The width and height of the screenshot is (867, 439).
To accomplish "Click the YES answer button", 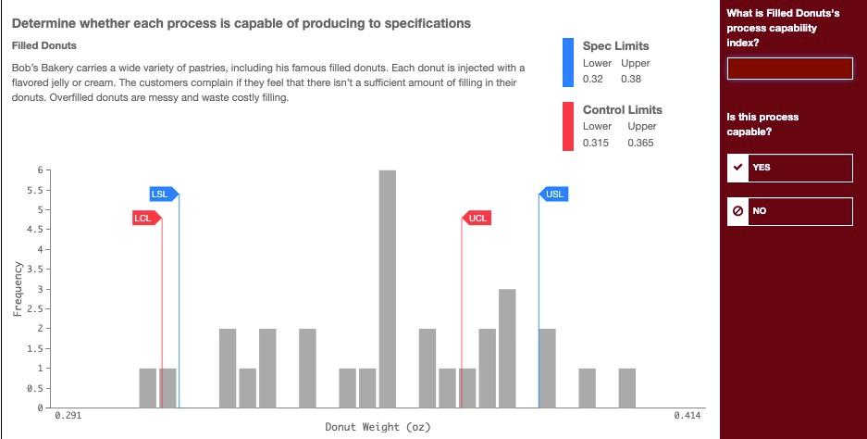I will pos(789,168).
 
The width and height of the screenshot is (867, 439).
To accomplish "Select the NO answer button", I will pos(789,211).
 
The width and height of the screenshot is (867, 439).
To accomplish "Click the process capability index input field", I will pos(789,69).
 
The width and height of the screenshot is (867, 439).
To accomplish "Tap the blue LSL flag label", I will pos(161,194).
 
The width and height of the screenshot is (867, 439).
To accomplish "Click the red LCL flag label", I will pos(143,218).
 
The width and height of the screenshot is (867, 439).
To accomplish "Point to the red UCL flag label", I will pos(477,218).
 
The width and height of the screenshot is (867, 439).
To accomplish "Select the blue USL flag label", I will pos(553,194).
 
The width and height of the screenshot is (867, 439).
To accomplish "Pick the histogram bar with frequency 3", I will pos(507,347).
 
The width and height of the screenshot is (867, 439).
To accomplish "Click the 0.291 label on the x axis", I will pos(68,417).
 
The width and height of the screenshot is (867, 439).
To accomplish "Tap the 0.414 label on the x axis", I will pos(687,417).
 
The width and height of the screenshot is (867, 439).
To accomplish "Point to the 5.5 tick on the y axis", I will pos(31,190).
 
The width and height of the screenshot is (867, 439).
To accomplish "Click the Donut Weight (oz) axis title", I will pos(378,427).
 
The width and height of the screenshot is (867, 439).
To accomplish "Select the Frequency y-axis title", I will pos(17,289).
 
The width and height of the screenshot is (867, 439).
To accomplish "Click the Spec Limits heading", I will pos(615,45).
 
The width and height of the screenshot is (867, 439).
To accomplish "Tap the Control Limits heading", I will pos(622,109).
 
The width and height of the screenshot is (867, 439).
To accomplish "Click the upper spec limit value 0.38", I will pos(631,79).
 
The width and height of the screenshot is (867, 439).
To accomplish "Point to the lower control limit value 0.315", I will pos(596,143).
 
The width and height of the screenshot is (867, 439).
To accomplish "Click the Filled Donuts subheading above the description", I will pos(44,45).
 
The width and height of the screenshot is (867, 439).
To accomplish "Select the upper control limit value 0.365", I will pos(640,143).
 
